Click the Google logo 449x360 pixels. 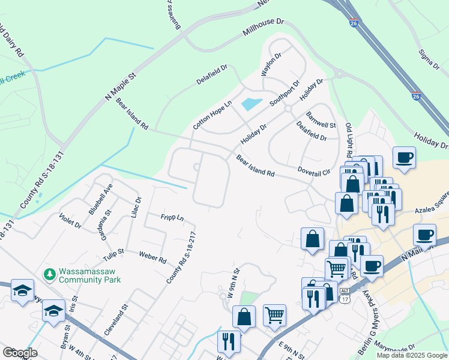point(20,353)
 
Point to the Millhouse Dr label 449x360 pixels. point(263,27)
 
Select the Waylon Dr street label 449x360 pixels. point(271,65)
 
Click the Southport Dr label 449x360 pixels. point(284,93)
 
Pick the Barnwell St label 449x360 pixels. point(321,120)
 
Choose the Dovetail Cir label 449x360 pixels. point(314,172)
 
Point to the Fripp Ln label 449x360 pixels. point(172,217)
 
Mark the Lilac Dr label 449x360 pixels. point(134,207)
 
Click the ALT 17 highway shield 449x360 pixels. point(345,294)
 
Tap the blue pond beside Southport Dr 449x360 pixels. point(252,104)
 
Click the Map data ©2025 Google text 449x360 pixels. point(411,355)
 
